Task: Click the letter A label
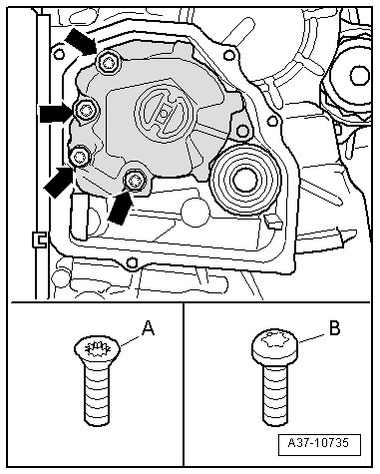(149, 328)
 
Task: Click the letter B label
(334, 327)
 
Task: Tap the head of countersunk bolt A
(97, 349)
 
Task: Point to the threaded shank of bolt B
(275, 393)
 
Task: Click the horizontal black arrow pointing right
(56, 114)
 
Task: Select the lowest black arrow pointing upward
(121, 207)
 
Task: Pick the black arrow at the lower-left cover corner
(59, 182)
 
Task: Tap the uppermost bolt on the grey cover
(109, 62)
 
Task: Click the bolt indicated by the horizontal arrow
(85, 110)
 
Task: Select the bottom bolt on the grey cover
(135, 180)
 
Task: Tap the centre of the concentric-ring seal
(245, 180)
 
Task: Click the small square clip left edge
(39, 238)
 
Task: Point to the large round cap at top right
(360, 76)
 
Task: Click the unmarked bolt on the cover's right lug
(242, 131)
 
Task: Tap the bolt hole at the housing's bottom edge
(132, 262)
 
